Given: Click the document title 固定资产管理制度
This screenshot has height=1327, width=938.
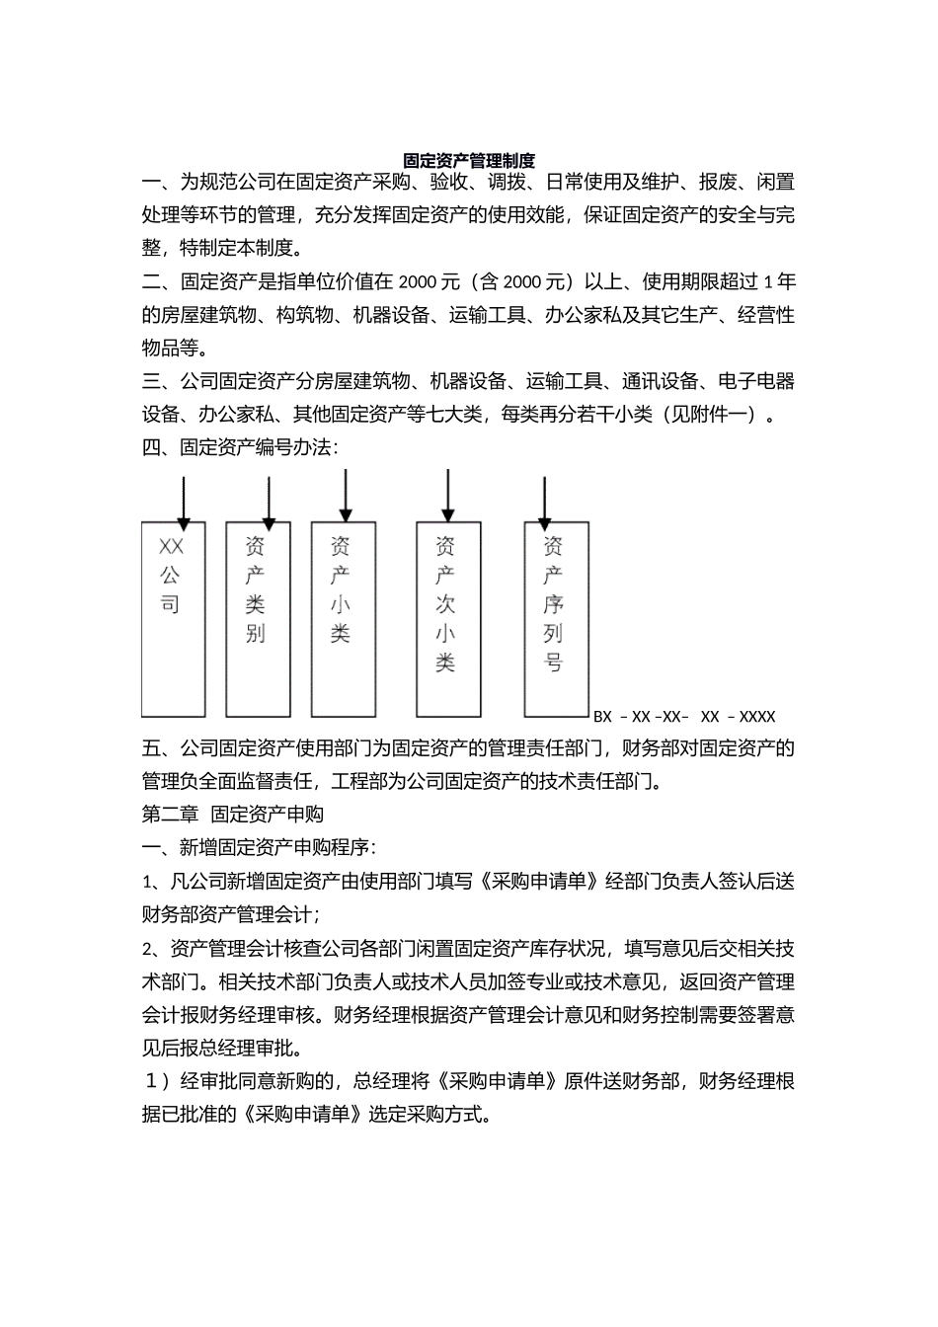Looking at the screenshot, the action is coord(469,160).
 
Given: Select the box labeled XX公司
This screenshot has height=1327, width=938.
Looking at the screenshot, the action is coord(173,617).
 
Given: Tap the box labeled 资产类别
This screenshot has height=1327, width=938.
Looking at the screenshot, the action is coord(257,617).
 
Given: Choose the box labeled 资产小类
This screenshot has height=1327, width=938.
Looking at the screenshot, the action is coord(343,617).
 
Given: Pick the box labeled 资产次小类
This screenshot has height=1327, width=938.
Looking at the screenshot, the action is coord(447,617).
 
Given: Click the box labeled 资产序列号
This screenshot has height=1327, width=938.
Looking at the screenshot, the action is coord(555,617).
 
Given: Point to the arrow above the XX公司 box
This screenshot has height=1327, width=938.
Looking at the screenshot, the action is coord(183,500).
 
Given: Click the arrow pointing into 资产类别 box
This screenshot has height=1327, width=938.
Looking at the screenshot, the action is coord(269,500).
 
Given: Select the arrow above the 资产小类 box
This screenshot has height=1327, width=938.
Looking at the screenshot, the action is coord(345,494).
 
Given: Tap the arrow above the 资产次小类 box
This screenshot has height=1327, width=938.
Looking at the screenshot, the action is coord(448,494).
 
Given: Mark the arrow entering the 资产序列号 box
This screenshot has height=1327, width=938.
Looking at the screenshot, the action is coord(544,500).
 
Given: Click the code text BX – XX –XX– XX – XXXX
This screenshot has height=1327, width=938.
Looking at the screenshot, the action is coord(684,717).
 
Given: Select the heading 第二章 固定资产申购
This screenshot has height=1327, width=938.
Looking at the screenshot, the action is coord(233,814).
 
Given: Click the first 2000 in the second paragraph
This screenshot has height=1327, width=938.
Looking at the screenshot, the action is coord(419,282).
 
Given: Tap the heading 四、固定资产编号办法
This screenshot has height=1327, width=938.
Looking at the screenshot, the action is coord(240,447).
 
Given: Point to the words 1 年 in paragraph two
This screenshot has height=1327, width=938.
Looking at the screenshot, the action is coord(779,282).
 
